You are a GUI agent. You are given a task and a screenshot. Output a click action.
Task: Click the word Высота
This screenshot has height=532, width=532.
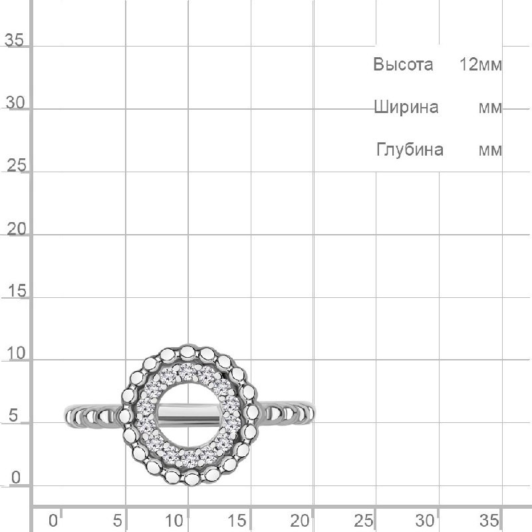(403, 64)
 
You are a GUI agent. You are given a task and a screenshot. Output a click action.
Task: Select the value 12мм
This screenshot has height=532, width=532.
(480, 64)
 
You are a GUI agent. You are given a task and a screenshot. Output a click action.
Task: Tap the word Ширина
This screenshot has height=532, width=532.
(406, 107)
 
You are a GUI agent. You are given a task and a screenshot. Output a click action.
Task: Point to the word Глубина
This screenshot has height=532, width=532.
(410, 150)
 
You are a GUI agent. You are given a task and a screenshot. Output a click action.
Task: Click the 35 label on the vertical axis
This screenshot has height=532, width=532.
(14, 40)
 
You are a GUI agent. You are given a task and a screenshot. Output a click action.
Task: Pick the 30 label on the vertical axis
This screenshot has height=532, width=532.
(15, 102)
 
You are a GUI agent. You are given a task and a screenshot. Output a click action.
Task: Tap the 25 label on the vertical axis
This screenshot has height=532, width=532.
(16, 165)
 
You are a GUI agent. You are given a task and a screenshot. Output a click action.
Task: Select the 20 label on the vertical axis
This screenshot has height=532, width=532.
(16, 229)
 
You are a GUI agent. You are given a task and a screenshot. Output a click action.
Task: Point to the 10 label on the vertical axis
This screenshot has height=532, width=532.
(16, 354)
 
